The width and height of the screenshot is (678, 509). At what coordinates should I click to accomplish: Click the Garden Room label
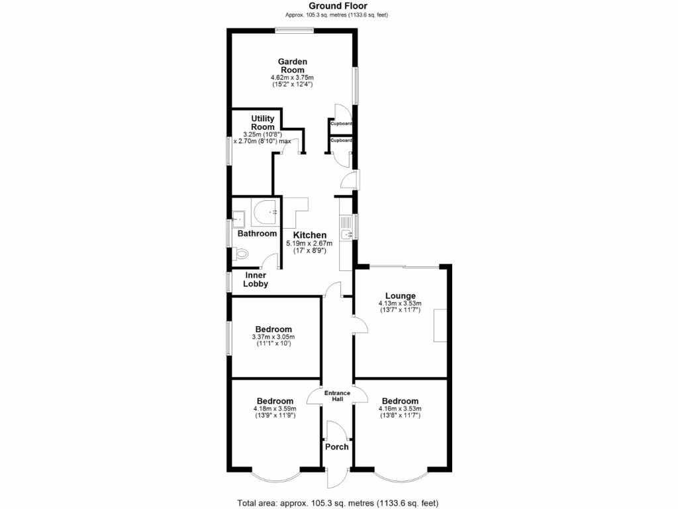tap(292, 66)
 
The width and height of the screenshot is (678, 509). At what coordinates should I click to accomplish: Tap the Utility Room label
tap(262, 123)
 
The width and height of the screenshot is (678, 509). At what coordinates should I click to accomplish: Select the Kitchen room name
tap(310, 235)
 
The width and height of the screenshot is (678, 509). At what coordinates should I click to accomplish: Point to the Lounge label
tap(400, 296)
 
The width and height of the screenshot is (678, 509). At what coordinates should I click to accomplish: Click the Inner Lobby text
tap(256, 280)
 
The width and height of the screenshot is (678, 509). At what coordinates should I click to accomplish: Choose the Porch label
tap(336, 446)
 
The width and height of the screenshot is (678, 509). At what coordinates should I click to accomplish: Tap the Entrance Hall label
tap(336, 396)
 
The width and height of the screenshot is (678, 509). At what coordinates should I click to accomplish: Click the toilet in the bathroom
tap(241, 253)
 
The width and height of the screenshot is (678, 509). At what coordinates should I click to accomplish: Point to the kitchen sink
tap(345, 234)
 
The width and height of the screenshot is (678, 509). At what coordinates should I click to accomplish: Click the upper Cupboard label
tap(341, 124)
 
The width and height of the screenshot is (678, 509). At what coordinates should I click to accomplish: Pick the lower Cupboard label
tap(341, 141)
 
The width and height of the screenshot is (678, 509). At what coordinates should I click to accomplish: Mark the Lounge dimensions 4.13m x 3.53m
tap(400, 304)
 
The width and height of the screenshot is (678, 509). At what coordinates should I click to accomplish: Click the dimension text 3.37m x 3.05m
tap(273, 337)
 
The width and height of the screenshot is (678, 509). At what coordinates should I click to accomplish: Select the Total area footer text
tap(338, 502)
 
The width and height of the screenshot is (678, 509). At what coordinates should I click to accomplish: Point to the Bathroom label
tap(257, 233)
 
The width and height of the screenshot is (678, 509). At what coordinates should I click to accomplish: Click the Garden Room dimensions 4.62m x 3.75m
tap(292, 78)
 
